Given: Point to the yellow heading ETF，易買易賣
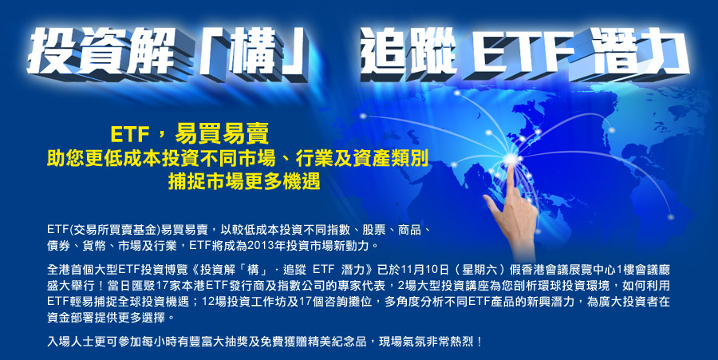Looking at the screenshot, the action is [x=190, y=135].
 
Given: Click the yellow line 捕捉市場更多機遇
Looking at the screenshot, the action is [x=244, y=181].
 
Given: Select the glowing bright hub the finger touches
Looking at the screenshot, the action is [x=510, y=159].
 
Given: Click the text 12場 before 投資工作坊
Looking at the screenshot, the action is [x=214, y=302].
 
